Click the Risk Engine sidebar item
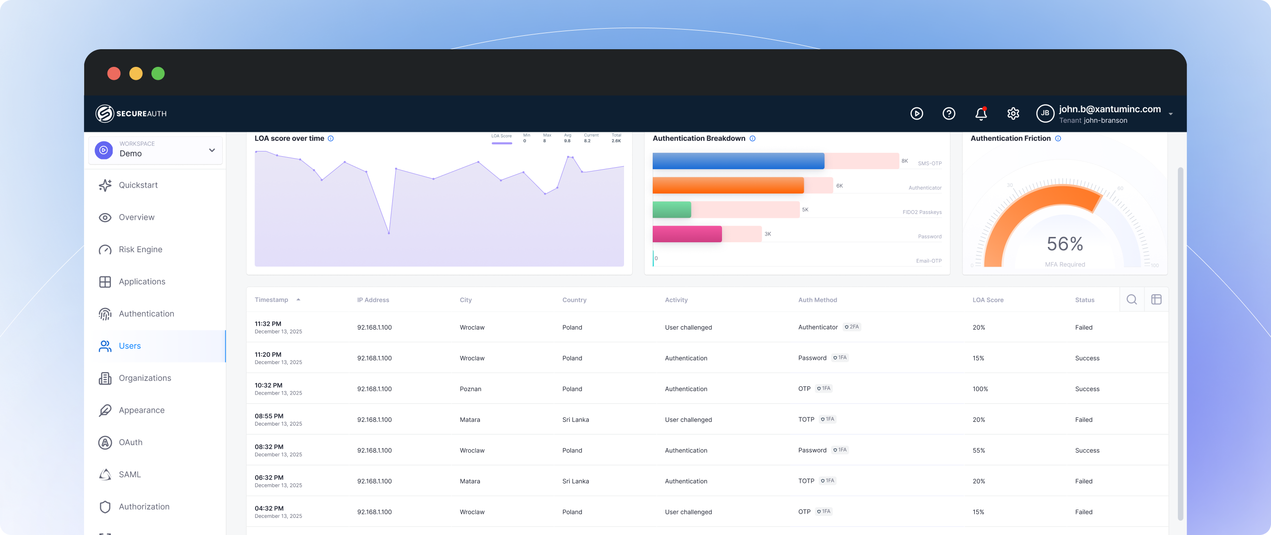pyautogui.click(x=140, y=249)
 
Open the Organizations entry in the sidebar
pyautogui.click(x=145, y=378)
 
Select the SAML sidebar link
pyautogui.click(x=129, y=474)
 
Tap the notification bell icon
pyautogui.click(x=981, y=114)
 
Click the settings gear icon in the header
pyautogui.click(x=1013, y=114)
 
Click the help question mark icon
pyautogui.click(x=948, y=114)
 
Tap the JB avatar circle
pyautogui.click(x=1045, y=113)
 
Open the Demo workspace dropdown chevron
pyautogui.click(x=212, y=150)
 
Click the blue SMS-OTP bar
pyautogui.click(x=738, y=161)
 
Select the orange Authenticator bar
pyautogui.click(x=728, y=185)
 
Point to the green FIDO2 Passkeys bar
pyautogui.click(x=671, y=210)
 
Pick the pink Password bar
pyautogui.click(x=687, y=234)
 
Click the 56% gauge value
pyautogui.click(x=1065, y=244)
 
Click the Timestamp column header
pyautogui.click(x=271, y=300)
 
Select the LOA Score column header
pyautogui.click(x=987, y=300)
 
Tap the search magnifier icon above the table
pyautogui.click(x=1131, y=300)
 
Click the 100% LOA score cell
pyautogui.click(x=980, y=389)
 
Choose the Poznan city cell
pyautogui.click(x=470, y=389)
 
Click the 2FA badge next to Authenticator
pyautogui.click(x=852, y=327)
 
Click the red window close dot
pyautogui.click(x=114, y=74)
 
